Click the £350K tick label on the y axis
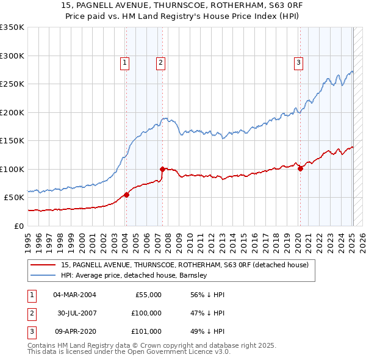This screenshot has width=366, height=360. [12, 27]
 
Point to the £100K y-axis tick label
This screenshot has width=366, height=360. [12, 169]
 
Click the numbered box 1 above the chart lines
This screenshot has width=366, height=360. [124, 62]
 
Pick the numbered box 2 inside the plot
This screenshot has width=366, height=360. [160, 62]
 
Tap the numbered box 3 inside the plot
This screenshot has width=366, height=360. [299, 62]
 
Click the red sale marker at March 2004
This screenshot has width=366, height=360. [126, 195]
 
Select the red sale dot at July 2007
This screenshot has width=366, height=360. [162, 169]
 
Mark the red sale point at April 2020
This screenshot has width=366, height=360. [300, 168]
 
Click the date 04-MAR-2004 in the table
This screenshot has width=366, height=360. [74, 295]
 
